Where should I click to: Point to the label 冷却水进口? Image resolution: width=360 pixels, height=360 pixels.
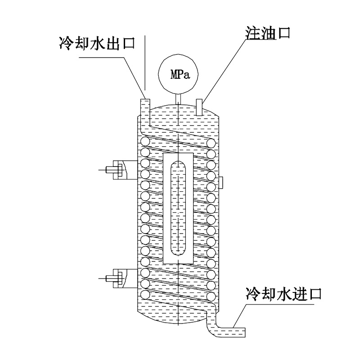[283, 295]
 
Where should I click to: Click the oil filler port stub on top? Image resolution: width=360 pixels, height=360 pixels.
[200, 105]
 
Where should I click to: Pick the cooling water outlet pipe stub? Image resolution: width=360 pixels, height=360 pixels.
[145, 108]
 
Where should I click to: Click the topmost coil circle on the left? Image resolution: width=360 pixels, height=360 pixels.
[145, 142]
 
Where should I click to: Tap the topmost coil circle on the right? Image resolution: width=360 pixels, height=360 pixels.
[211, 143]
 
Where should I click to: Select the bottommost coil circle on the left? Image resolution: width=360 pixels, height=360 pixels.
[145, 295]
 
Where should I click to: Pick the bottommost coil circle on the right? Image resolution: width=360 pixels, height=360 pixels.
[211, 296]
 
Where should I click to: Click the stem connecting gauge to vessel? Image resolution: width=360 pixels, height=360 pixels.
[179, 96]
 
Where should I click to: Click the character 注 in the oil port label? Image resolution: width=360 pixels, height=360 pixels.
[251, 33]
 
